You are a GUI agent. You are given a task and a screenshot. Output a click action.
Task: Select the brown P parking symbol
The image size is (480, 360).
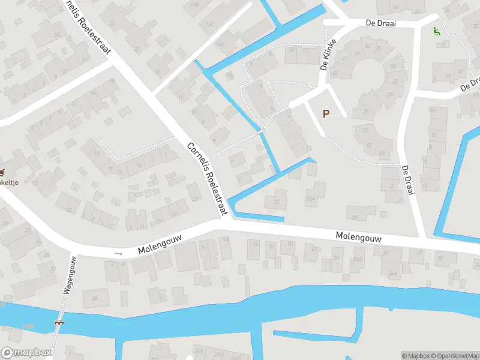326,113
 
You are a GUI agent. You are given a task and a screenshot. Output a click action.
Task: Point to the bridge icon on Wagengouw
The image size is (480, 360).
59,322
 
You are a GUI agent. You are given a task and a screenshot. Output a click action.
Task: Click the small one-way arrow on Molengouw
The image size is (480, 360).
118,254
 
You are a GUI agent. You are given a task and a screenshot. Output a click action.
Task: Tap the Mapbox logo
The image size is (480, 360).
26,353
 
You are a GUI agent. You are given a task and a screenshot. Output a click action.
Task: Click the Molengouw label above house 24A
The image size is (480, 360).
358,237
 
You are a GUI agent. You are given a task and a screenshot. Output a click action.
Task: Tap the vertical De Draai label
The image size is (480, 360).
409,180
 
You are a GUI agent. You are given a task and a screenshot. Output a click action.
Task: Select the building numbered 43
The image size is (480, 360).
335,74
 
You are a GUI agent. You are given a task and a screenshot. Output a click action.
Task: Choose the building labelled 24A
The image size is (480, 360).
358,259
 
